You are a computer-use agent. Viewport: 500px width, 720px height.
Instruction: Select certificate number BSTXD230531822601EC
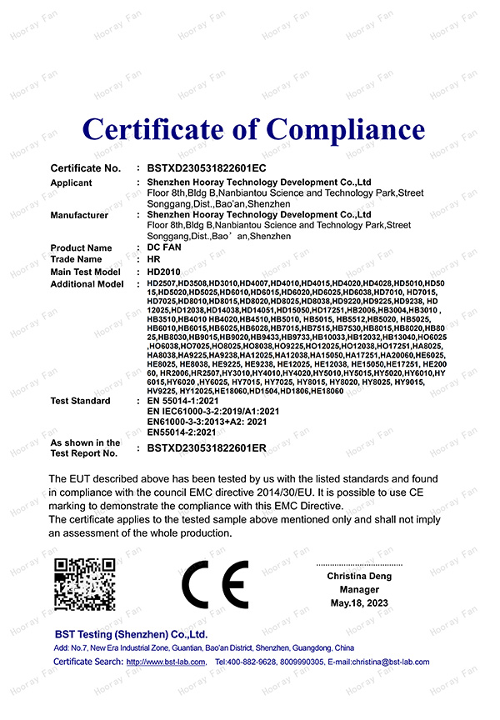click(206, 168)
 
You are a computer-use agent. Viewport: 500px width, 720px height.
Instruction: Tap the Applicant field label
click(72, 182)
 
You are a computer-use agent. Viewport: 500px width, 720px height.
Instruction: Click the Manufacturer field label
click(79, 215)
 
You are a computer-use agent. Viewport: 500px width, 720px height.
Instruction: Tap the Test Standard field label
click(80, 401)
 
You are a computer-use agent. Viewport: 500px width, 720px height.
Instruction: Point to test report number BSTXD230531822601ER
click(207, 448)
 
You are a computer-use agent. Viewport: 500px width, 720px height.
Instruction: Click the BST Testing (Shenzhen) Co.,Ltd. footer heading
click(131, 634)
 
